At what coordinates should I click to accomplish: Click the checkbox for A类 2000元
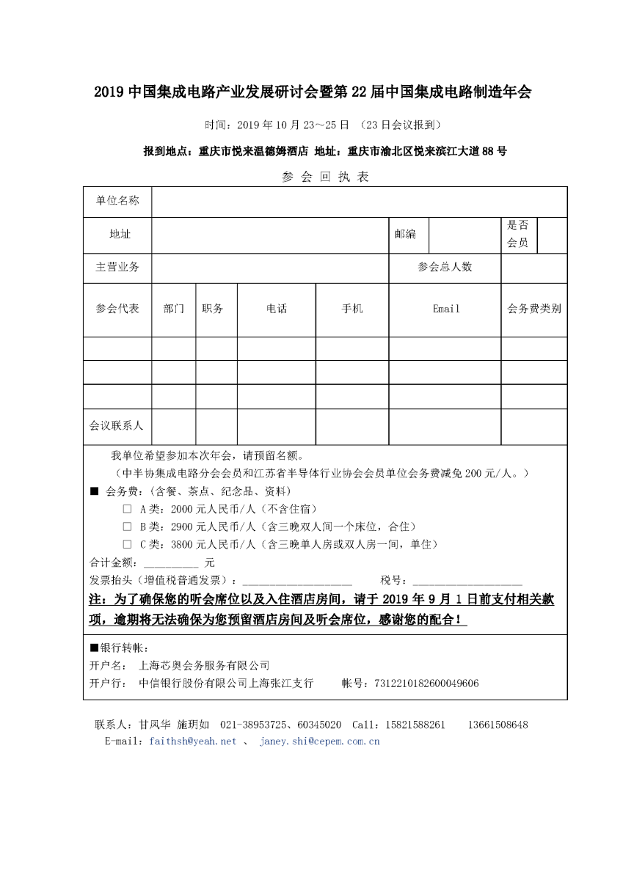[127, 509]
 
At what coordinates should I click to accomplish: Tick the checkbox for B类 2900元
[127, 527]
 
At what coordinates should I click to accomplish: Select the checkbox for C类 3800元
[127, 544]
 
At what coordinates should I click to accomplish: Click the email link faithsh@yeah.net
[192, 741]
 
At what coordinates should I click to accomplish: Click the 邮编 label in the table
[405, 234]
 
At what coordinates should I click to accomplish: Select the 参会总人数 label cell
[445, 267]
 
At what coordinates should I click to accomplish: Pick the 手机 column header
[352, 309]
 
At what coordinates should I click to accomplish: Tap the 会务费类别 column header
[534, 309]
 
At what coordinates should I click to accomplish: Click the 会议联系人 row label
[117, 425]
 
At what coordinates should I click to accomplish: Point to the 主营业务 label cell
[117, 267]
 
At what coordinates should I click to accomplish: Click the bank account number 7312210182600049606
[426, 683]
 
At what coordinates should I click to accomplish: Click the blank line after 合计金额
[171, 564]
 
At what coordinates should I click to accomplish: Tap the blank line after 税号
[467, 581]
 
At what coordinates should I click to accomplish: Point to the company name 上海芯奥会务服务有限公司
[204, 666]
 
